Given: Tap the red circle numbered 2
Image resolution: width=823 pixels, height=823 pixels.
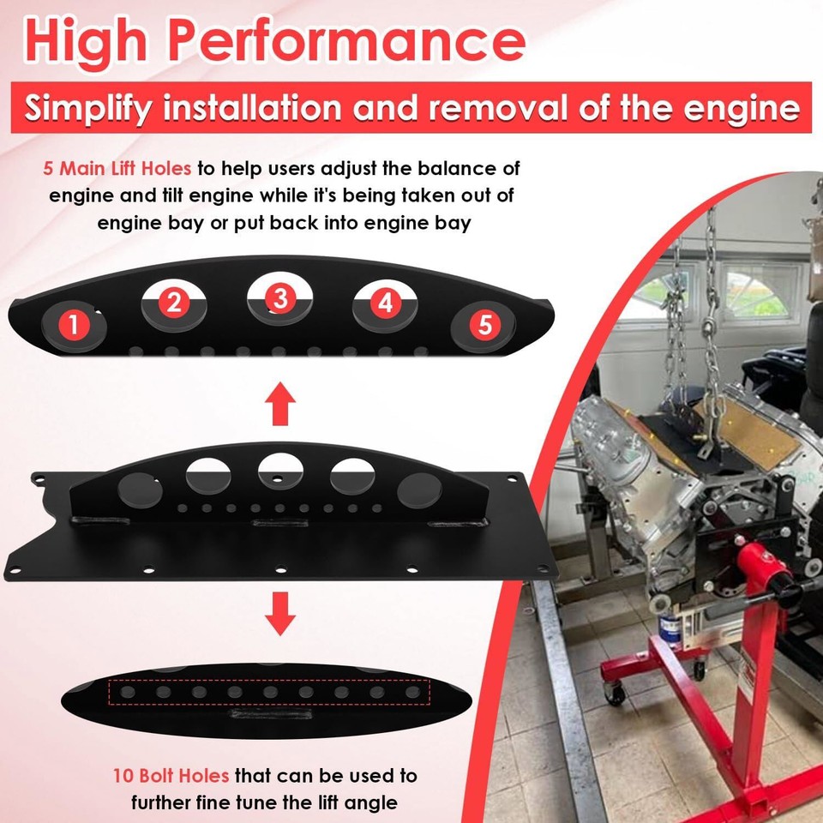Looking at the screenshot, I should coord(174,303).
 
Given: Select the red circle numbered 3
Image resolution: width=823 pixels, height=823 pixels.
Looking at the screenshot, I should coord(279,298).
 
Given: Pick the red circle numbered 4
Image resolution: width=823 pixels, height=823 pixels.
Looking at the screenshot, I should coord(386,303).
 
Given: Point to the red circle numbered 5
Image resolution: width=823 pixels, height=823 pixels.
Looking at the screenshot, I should coord(485,325).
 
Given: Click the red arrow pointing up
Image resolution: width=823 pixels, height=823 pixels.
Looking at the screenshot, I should coord(279,404).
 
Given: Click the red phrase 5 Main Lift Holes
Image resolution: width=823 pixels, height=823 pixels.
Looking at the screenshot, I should coord(117,168).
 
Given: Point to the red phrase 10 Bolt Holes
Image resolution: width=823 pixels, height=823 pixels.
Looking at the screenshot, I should coord(171,776).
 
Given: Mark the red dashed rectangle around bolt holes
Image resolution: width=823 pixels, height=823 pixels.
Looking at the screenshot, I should coord(269,691).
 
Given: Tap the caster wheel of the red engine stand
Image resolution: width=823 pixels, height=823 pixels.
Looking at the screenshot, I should coord(616,692).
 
